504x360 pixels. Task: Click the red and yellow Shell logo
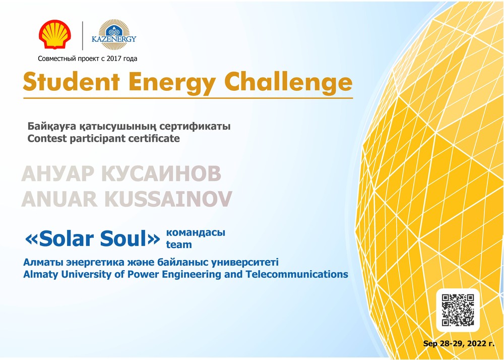tap(54, 35)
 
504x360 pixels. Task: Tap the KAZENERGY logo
tap(114, 35)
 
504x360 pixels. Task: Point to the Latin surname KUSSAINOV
tap(168, 199)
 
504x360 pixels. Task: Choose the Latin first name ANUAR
tap(59, 199)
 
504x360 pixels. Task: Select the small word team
tap(179, 245)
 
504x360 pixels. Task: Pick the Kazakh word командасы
tap(196, 232)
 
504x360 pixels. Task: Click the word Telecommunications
tap(297, 274)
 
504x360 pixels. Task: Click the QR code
tap(458, 310)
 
